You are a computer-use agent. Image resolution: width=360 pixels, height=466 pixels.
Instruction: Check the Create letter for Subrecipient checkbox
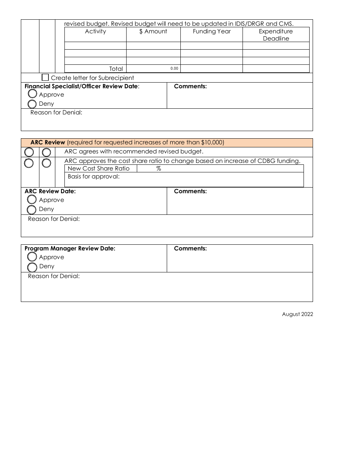pos(45,78)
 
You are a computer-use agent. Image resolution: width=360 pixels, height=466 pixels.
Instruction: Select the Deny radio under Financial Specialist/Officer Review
pos(32,104)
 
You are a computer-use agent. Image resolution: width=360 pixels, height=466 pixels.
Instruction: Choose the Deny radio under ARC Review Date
pos(32,209)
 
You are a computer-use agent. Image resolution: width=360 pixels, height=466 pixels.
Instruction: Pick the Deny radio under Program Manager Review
pos(32,266)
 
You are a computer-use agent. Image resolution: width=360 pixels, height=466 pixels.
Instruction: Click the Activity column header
pos(95,31)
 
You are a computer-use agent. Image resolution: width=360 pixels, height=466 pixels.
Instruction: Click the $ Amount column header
pos(153,31)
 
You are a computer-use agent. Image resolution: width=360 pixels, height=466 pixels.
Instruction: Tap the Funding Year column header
pos(211,31)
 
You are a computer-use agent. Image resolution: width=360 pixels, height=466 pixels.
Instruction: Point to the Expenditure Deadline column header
pos(276,35)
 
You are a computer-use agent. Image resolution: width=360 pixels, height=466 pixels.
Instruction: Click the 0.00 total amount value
pos(174,69)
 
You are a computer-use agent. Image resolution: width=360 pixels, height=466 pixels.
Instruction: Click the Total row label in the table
pos(116,69)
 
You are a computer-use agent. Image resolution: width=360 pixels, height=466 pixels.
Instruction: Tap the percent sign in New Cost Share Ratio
pos(158,169)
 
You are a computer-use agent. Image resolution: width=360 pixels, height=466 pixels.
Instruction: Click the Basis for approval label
pos(94,177)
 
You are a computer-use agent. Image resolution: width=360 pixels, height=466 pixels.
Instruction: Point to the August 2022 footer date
pos(297,314)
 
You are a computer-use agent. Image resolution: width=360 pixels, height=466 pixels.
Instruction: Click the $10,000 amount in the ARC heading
pos(212,142)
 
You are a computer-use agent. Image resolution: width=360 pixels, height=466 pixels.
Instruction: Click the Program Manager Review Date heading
pos(70,249)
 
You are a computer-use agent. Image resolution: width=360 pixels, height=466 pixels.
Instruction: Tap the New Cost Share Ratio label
pos(99,169)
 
